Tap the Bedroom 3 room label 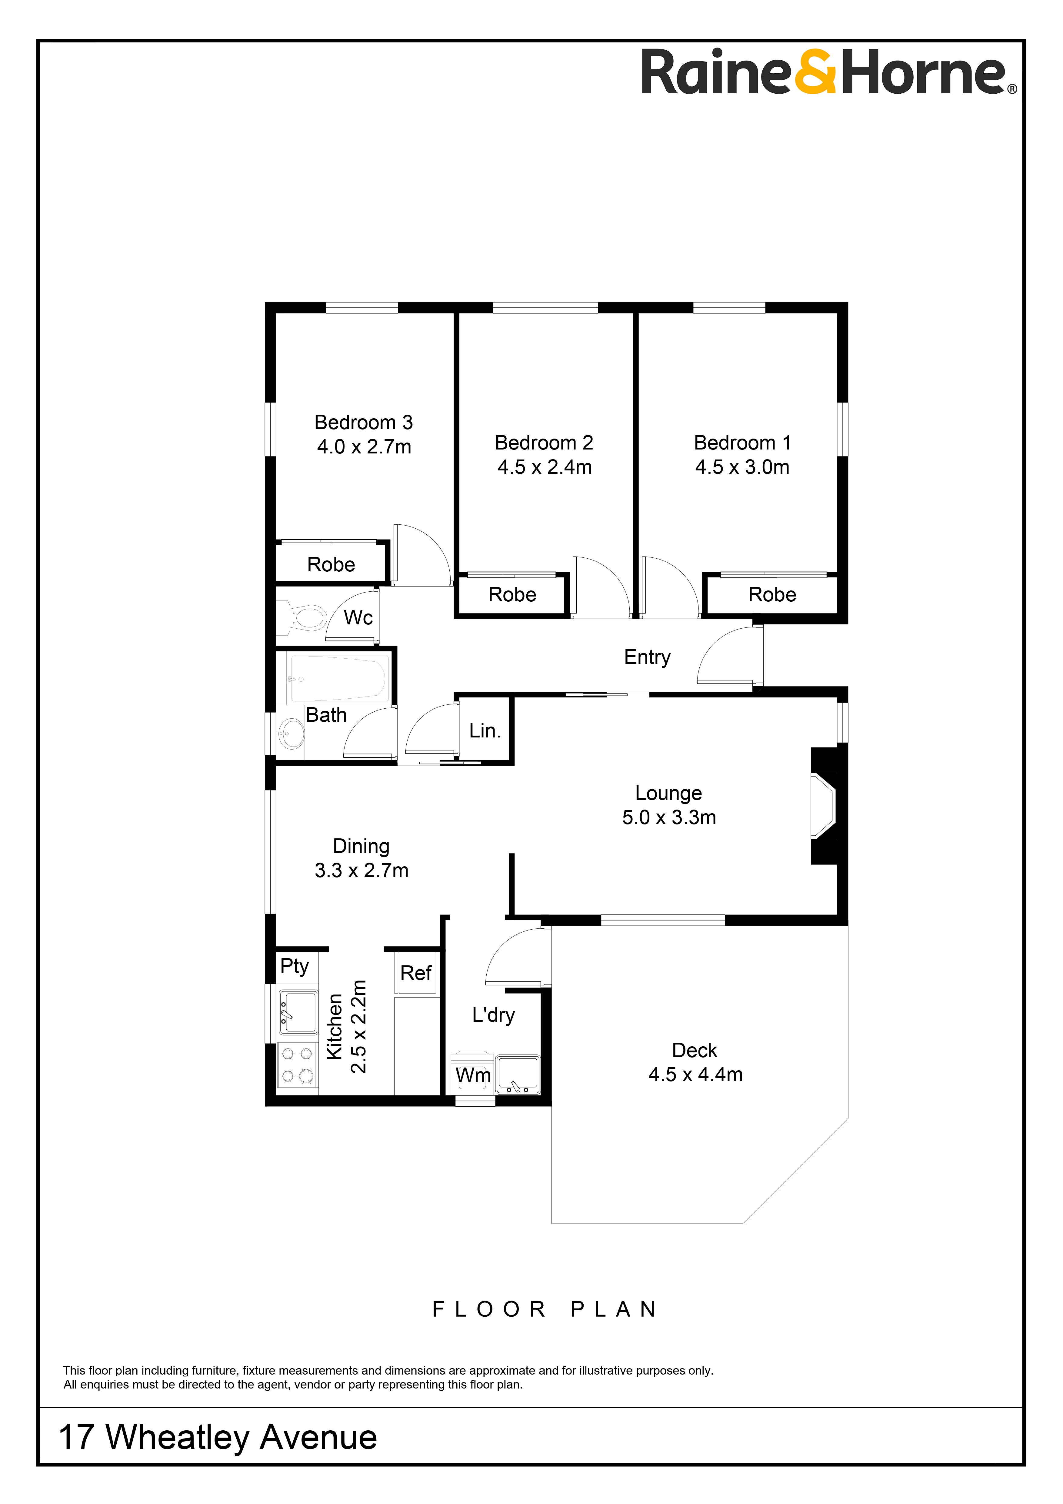pos(364,423)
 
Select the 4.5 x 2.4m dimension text pos(544,467)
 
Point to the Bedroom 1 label pos(742,443)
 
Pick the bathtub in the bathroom pos(338,679)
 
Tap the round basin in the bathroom pos(291,734)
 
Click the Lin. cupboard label pos(485,730)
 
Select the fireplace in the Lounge pos(824,806)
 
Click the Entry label pos(647,657)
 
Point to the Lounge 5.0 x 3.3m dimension pos(669,817)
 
